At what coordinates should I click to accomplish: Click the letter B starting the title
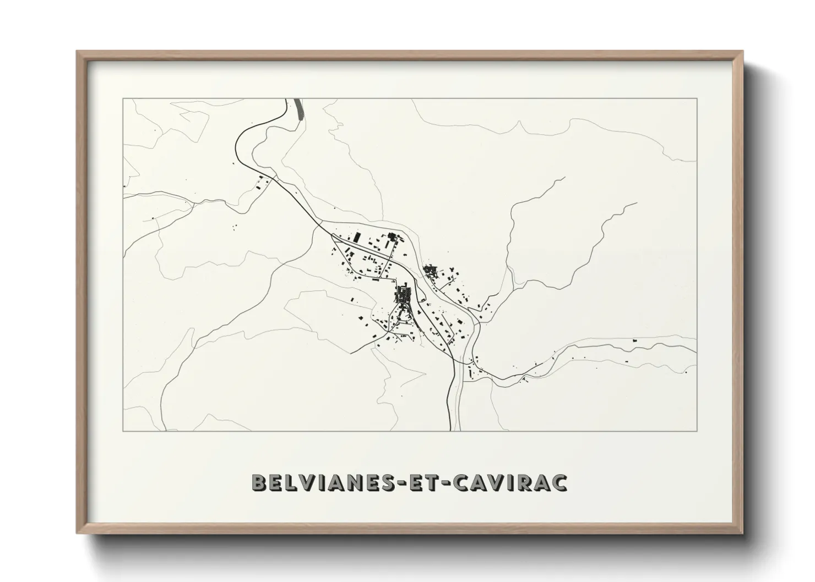click(x=259, y=482)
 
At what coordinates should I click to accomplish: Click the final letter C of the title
click(x=560, y=482)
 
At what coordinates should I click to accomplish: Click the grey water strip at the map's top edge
click(x=299, y=108)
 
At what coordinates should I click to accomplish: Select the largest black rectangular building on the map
click(x=356, y=238)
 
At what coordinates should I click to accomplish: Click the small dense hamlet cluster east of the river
click(x=430, y=270)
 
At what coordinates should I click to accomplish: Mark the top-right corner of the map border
click(x=697, y=98)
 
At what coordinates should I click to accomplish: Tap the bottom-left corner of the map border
click(x=123, y=431)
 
